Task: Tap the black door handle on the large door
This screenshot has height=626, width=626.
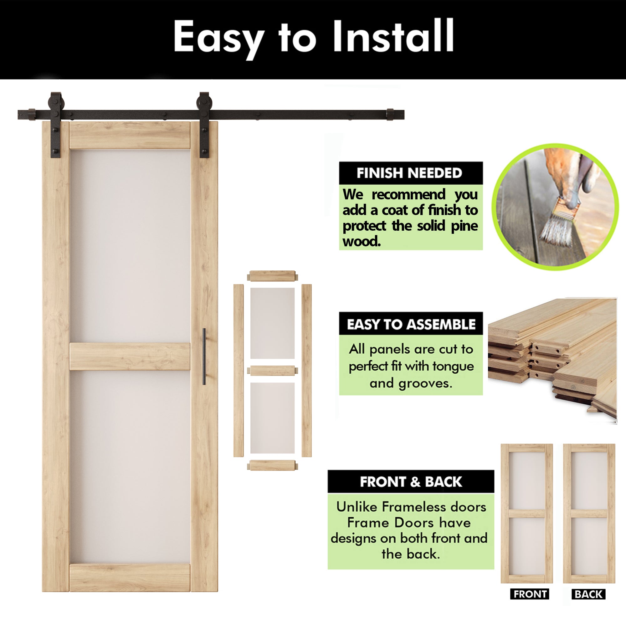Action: tap(204, 357)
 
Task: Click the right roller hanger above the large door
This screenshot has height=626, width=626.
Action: tap(204, 125)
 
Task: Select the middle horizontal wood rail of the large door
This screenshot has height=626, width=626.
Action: tap(130, 357)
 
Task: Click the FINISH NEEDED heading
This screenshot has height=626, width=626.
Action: tap(409, 173)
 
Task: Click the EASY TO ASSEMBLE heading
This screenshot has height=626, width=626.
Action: tap(411, 324)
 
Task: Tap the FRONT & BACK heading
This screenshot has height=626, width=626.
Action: tap(411, 482)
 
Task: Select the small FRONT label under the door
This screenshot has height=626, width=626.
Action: tap(530, 594)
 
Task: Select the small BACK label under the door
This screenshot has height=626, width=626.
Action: tap(588, 594)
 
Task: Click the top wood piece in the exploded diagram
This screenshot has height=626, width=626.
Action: tap(272, 276)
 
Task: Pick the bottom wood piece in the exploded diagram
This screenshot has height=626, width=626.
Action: tap(272, 465)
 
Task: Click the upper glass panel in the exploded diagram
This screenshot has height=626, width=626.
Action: tap(272, 323)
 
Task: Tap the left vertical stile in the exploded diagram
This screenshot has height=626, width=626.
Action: tap(238, 370)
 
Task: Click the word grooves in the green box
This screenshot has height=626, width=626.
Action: tap(425, 384)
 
